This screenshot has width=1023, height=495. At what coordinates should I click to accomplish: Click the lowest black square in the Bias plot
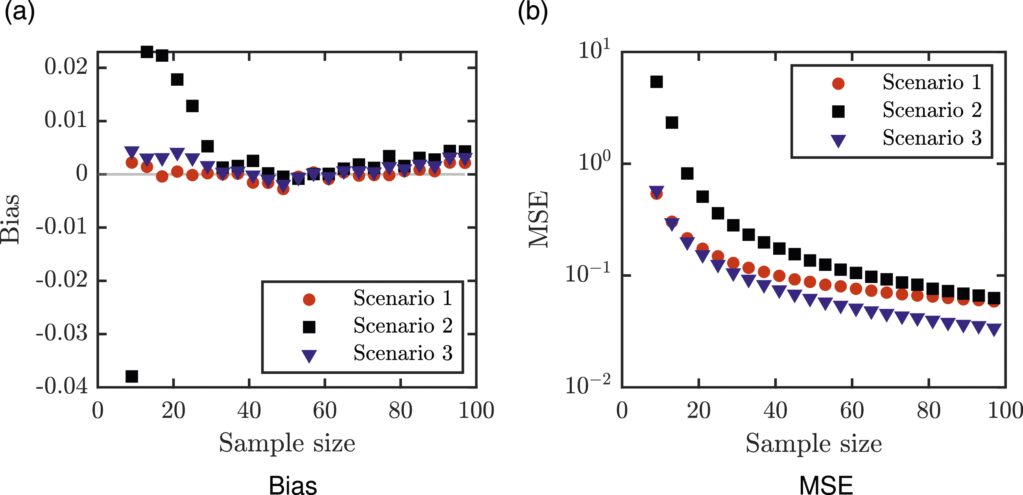[x=131, y=375]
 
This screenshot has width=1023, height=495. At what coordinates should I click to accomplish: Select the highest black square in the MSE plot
[x=656, y=82]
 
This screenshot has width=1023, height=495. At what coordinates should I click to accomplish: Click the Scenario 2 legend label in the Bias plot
[x=403, y=326]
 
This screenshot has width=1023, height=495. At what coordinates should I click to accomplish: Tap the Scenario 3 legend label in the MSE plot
[x=932, y=137]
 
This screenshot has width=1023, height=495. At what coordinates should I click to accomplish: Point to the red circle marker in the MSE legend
[x=838, y=83]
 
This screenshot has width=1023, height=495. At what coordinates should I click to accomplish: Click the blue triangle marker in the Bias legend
[x=309, y=356]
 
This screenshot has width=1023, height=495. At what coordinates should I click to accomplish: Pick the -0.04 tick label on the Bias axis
[x=61, y=385]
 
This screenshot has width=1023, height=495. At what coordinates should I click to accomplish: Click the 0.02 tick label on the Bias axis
[x=66, y=66]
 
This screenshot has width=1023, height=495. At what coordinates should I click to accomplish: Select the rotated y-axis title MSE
[x=539, y=219]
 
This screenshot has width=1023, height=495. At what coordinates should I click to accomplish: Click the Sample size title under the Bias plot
[x=287, y=443]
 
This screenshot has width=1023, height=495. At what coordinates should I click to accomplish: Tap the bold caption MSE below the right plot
[x=826, y=485]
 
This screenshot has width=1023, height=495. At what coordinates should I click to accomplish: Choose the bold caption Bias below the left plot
[x=293, y=485]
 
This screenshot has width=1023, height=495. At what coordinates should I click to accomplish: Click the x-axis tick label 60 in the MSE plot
[x=852, y=410]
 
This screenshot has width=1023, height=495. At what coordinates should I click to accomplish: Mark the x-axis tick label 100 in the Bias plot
[x=476, y=410]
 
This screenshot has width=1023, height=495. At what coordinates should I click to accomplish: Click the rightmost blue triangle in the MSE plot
[x=993, y=329]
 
